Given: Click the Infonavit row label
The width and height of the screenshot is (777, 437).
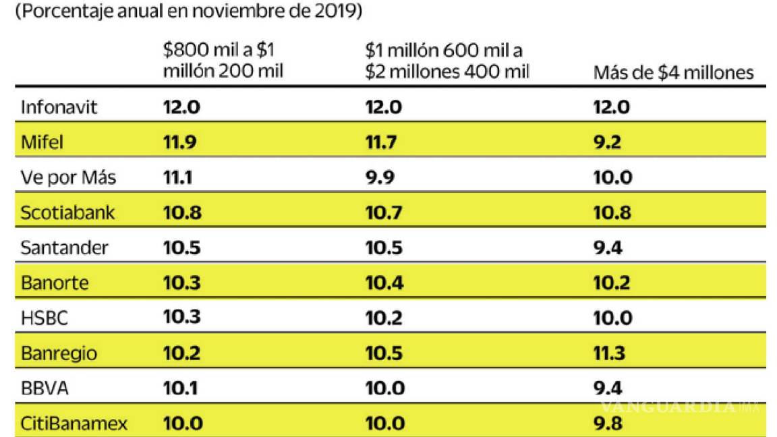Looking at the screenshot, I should pos(59,107).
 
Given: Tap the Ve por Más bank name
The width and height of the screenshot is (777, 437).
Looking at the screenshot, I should pos(68,177).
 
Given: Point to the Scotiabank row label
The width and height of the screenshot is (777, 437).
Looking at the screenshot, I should pos(67,212).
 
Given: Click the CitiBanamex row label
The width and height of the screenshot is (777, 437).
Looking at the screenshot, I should pos(74,424).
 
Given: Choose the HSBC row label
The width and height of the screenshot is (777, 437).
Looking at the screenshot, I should pos(45,318).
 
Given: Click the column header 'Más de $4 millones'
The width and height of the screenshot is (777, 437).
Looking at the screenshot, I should pos(673,73).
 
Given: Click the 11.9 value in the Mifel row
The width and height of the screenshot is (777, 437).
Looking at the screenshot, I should pos(181,142).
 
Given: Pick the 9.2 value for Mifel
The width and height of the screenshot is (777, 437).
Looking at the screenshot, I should pos(607,142).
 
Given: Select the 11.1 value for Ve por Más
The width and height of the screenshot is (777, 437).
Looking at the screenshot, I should pos(179,177).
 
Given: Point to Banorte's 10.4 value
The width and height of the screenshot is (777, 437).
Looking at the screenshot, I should pos(384,283).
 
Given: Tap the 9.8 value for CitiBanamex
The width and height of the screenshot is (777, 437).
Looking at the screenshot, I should pos(607,424).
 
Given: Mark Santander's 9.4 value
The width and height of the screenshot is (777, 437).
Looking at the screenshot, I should pos(607,248).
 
